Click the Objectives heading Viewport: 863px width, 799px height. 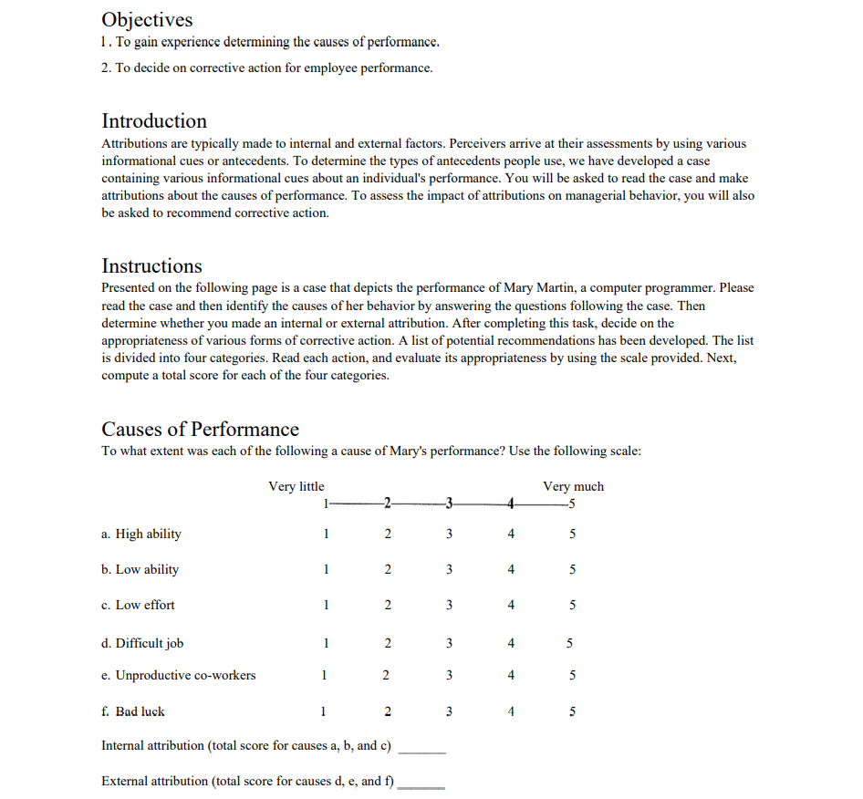click(147, 20)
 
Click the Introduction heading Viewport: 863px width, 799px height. click(154, 121)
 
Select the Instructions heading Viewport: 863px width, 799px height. click(151, 266)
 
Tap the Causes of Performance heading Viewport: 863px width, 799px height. click(200, 430)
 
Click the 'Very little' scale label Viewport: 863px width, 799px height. click(296, 486)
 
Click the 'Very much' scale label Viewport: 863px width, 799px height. click(573, 486)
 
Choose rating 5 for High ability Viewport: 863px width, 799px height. click(572, 534)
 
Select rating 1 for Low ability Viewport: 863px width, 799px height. click(325, 570)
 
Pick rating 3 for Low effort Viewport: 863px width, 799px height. click(449, 605)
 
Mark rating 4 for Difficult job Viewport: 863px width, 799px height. click(511, 644)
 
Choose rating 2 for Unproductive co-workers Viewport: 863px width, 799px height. click(387, 676)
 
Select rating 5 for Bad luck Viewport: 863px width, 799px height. click(572, 711)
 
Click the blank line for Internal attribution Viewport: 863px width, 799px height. click(422, 751)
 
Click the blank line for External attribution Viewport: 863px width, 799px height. click(421, 785)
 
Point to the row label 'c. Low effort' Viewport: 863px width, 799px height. click(138, 605)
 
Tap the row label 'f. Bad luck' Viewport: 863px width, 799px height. click(133, 711)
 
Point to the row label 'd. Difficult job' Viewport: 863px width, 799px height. click(142, 644)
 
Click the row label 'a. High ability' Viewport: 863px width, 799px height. click(141, 534)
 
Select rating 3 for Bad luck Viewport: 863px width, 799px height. click(449, 711)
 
